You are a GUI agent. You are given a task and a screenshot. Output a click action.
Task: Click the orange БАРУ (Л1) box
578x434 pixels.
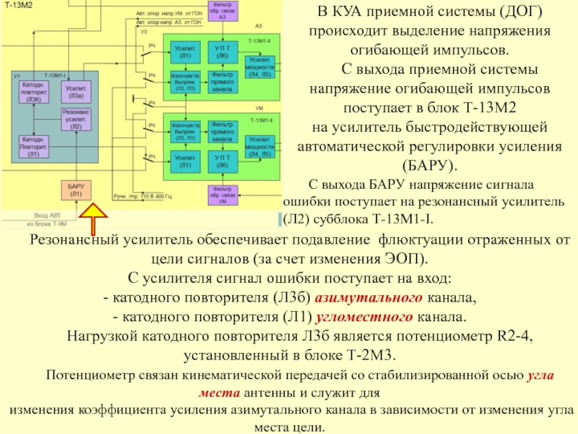[76, 190]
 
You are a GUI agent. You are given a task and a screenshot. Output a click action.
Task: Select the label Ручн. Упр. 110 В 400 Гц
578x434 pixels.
[144, 196]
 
